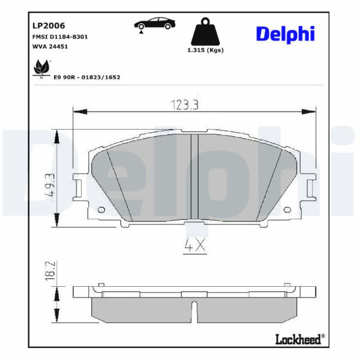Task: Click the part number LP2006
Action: click(x=49, y=25)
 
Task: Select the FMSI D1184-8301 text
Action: click(x=60, y=37)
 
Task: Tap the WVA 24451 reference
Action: click(x=50, y=46)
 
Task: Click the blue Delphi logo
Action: click(x=286, y=34)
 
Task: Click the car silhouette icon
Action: click(x=155, y=23)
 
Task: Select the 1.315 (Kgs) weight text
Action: click(x=205, y=50)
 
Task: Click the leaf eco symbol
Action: click(x=41, y=69)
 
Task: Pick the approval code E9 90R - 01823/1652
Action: click(x=87, y=77)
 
